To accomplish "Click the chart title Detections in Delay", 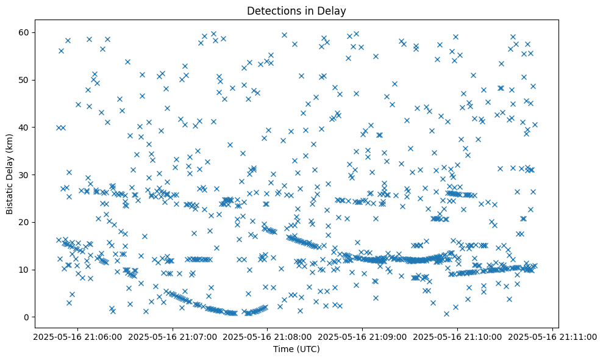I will [296, 10].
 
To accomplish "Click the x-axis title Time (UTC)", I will [296, 349].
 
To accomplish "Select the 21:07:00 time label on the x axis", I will [171, 336].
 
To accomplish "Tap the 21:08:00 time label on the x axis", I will [267, 336].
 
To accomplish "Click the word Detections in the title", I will [272, 10].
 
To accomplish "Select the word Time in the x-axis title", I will [282, 349].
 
